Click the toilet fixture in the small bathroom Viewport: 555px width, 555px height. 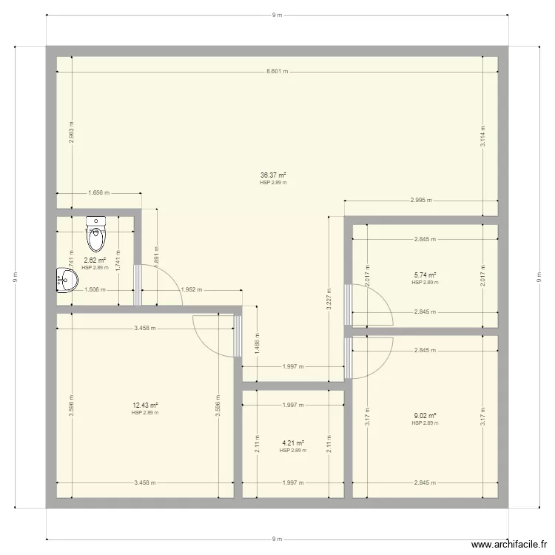(x=97, y=234)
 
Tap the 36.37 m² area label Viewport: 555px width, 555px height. (x=273, y=175)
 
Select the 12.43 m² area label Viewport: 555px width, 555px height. (x=145, y=405)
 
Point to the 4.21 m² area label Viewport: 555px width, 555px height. (x=293, y=443)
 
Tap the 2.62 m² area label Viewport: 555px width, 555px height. (x=95, y=260)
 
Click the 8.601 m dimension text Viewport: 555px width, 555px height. (x=277, y=72)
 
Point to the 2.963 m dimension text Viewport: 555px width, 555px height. (x=72, y=132)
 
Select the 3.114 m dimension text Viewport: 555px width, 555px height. (x=482, y=138)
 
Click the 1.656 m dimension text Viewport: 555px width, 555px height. (x=98, y=193)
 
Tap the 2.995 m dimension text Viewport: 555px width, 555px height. (x=422, y=201)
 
